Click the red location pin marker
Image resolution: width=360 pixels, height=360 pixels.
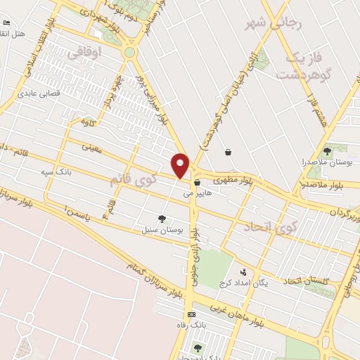click(x=181, y=164)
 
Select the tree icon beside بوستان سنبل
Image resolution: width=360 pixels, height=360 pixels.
click(x=163, y=219)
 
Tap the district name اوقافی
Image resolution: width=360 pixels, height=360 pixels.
click(x=87, y=53)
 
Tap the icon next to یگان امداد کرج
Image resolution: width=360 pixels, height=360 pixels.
click(x=244, y=271)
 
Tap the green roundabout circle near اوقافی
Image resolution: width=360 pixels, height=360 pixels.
click(x=130, y=52)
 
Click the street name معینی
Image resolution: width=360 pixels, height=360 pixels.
click(x=93, y=149)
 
